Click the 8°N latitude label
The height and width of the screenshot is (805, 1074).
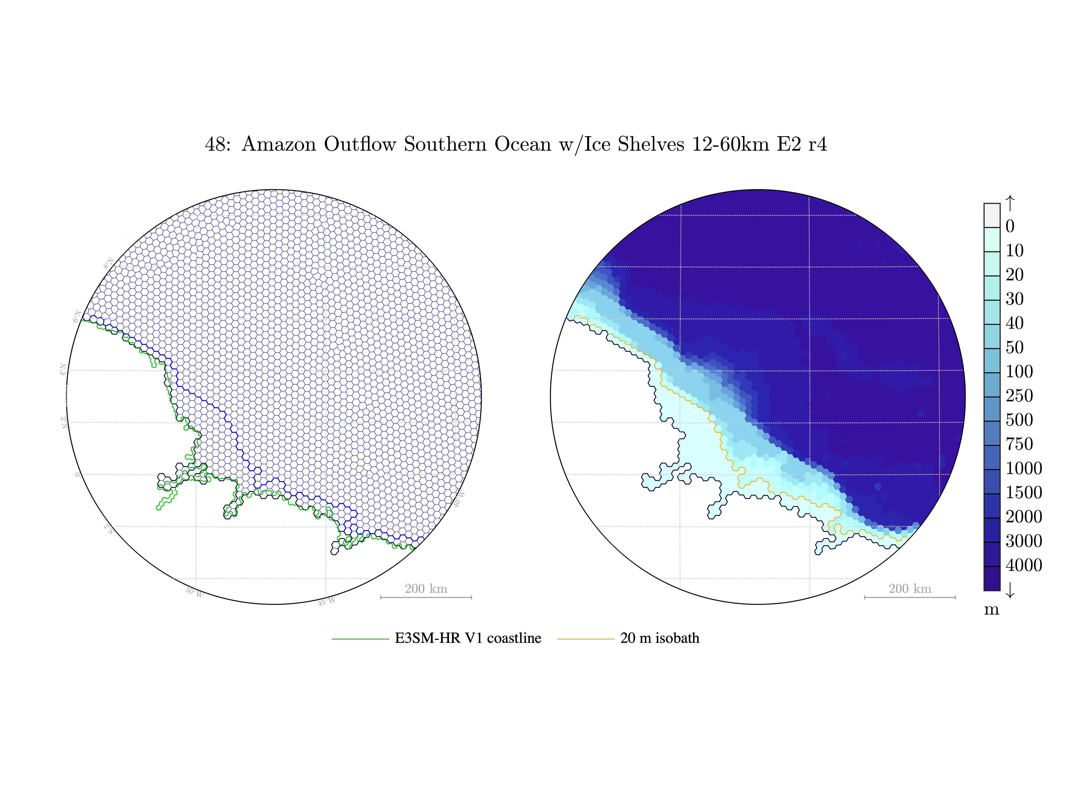(x=108, y=264)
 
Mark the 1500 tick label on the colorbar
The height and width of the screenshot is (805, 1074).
(x=1024, y=492)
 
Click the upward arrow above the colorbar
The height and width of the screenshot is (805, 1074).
(x=1010, y=203)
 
